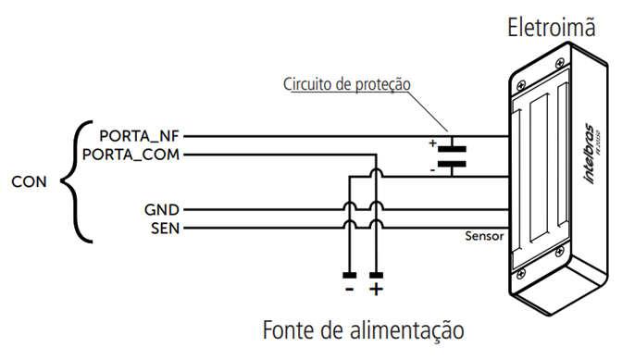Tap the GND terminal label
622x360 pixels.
[161, 209]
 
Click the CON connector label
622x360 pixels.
[29, 182]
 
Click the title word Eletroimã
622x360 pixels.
[550, 27]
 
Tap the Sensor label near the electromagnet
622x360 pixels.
[485, 236]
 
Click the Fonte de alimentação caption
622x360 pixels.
[362, 329]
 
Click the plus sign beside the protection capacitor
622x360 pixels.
[432, 143]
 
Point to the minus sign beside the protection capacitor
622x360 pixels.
[432, 170]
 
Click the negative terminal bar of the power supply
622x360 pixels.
[349, 275]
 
